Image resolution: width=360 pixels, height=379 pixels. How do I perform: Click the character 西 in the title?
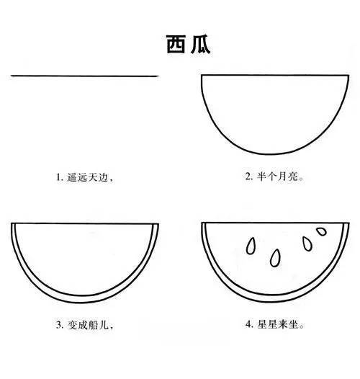click(170, 44)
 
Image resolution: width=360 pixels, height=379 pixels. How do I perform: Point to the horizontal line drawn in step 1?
click(85, 76)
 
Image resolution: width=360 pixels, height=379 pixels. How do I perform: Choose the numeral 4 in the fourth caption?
click(248, 325)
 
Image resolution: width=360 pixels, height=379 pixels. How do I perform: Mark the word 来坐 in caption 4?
click(287, 325)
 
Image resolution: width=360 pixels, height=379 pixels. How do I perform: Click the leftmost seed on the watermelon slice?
click(251, 245)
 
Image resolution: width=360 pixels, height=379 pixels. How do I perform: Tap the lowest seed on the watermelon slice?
click(275, 257)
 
